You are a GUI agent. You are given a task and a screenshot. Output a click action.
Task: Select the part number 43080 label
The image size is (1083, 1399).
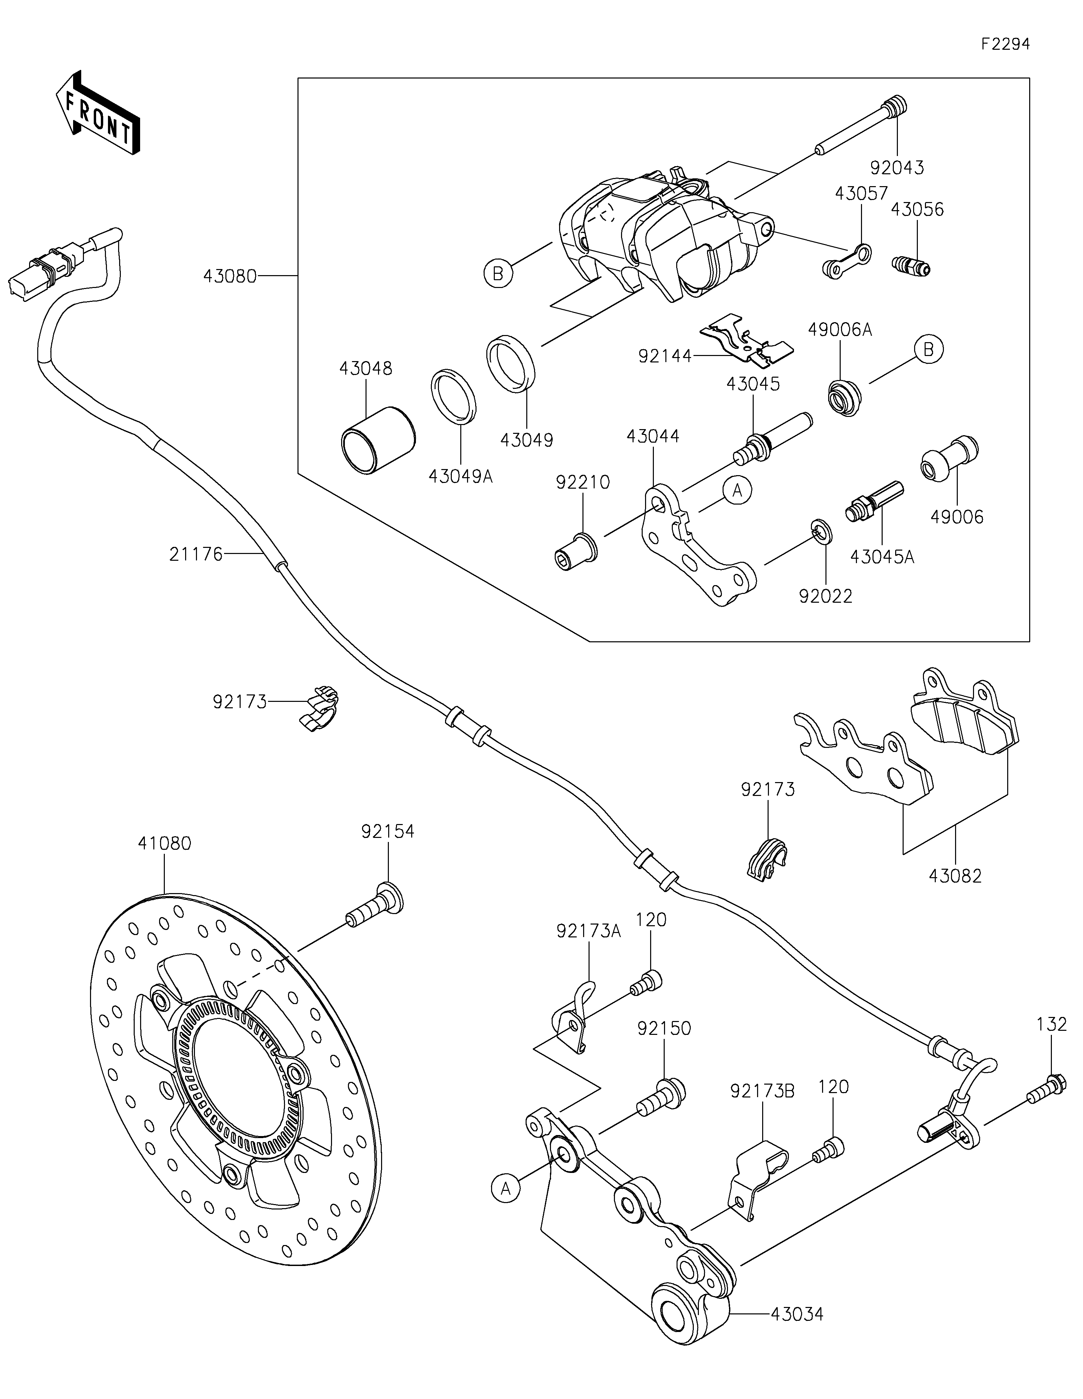coord(229,276)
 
